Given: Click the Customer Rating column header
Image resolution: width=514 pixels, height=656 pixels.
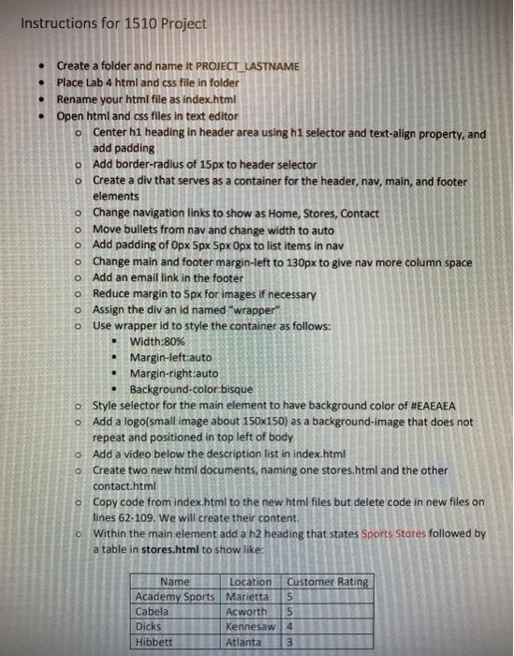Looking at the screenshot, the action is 328,582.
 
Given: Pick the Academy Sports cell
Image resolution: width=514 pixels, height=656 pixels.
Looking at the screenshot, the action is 175,597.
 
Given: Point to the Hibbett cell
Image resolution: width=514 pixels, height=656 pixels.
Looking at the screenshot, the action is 154,642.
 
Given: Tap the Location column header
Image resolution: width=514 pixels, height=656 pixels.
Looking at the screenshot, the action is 251,582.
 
